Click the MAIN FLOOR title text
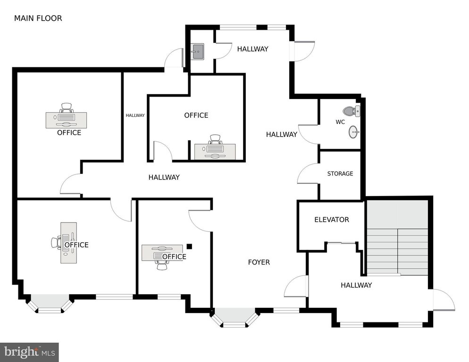point(38,19)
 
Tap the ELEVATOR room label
point(332,220)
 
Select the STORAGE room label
point(340,173)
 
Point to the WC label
point(340,122)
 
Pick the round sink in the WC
point(353,132)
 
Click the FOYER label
point(259,262)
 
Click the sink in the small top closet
point(197,51)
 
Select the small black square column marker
point(189,246)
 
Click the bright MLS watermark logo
point(29,352)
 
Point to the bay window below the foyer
point(235,318)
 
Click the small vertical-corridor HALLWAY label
point(135,115)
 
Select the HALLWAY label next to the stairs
point(356,285)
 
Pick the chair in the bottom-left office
point(56,243)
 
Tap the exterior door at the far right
point(444,300)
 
